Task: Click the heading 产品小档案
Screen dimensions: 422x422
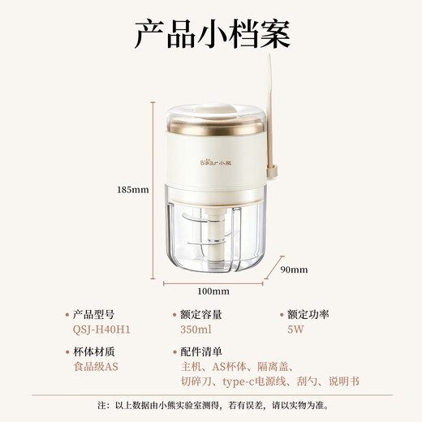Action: coord(211,36)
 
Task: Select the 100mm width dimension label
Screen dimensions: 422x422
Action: coord(213,291)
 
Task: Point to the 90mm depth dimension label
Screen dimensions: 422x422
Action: coord(294,269)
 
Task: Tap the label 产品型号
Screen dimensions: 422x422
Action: coord(95,314)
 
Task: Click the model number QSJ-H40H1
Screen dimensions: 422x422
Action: coord(101,329)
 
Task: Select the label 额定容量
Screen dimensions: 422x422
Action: coord(201,314)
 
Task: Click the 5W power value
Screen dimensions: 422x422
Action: coord(295,329)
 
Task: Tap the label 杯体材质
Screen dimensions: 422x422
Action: coord(95,351)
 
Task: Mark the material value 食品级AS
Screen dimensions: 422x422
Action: coord(96,367)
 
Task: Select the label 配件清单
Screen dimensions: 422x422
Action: coord(201,351)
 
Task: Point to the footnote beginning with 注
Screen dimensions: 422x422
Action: coord(211,405)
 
